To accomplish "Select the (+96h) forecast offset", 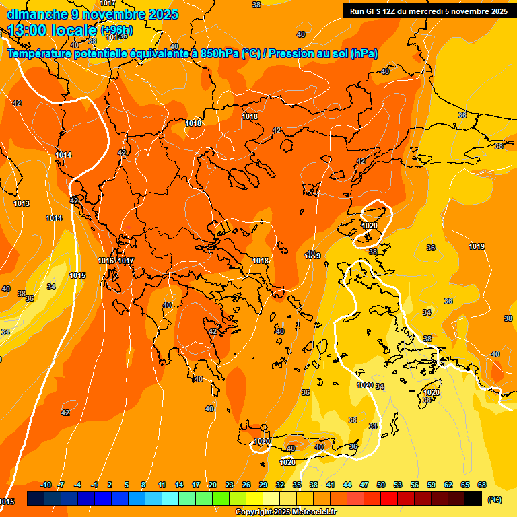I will pos(116,30).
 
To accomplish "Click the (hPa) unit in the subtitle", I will pos(364,54).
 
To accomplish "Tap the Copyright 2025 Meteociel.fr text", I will pos(285,512).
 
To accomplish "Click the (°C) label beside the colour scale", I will pos(494,499).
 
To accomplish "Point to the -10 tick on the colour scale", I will pos(46,485).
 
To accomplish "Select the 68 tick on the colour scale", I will pos(482,485).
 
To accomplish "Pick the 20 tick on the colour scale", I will pos(213,485).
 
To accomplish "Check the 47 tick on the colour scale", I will pos(364,485).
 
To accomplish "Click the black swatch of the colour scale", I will pos(473,498).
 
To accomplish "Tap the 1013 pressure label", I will pos(22,204).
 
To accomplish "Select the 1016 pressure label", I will pos(106,261).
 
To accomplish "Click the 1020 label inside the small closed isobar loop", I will pos(370,226).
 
